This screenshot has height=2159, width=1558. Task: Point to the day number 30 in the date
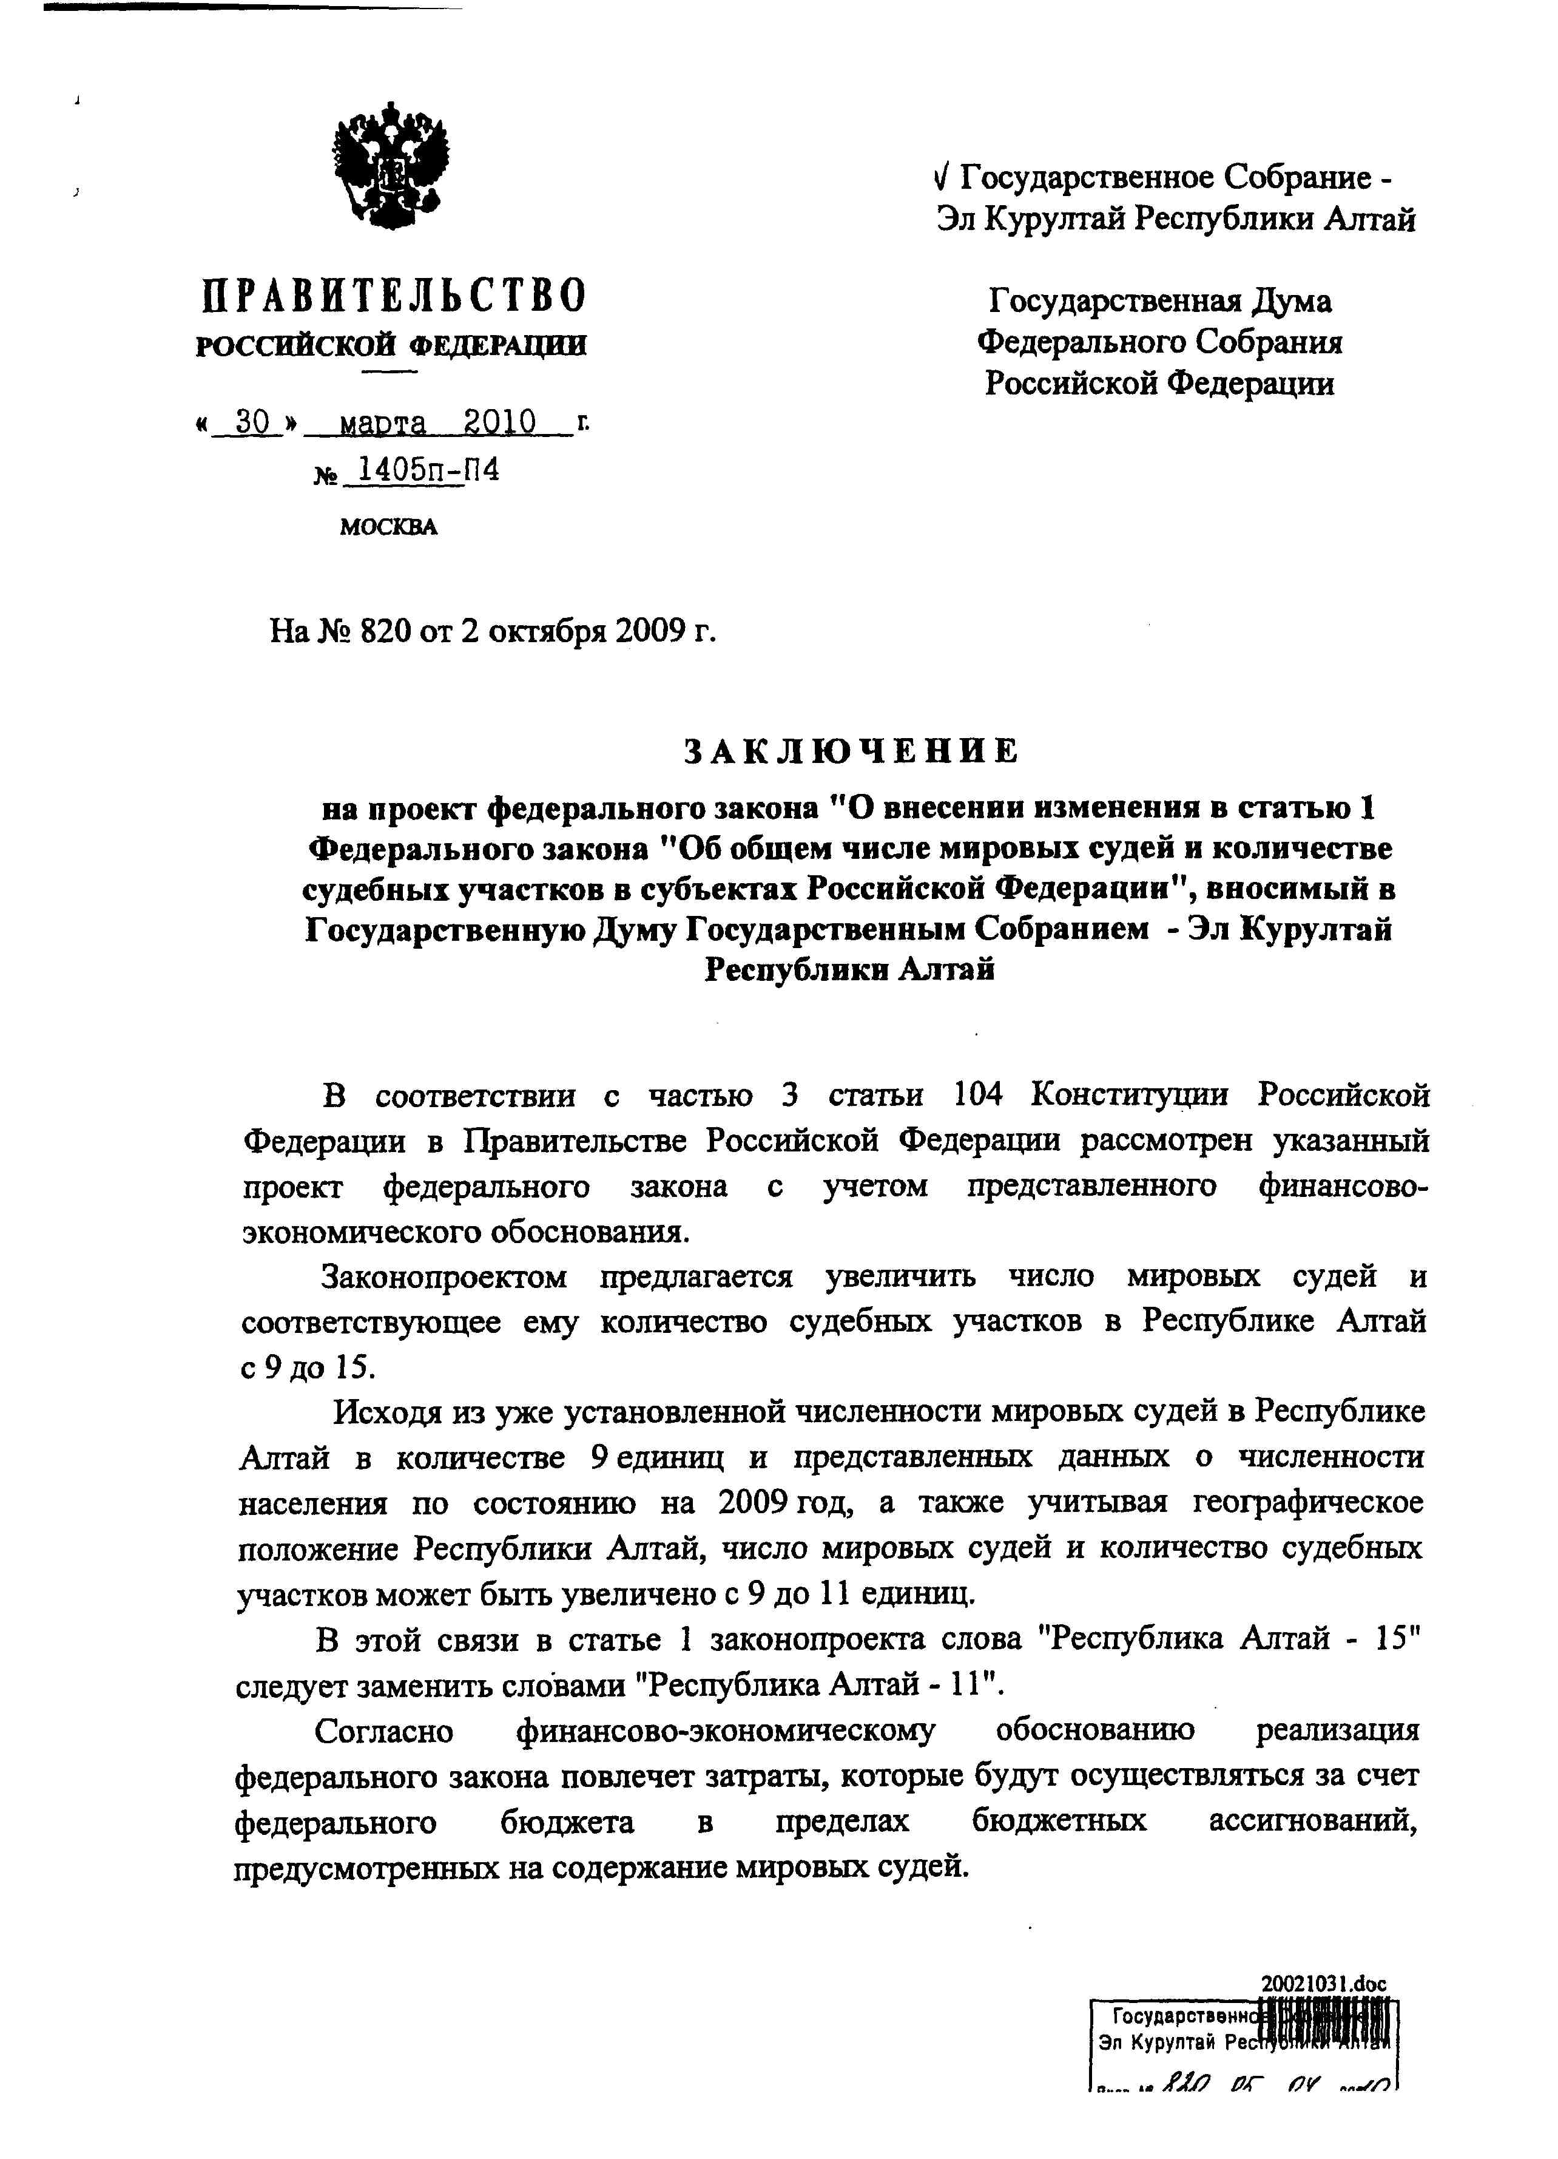251,422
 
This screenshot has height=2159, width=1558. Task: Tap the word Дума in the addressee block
1290,302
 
